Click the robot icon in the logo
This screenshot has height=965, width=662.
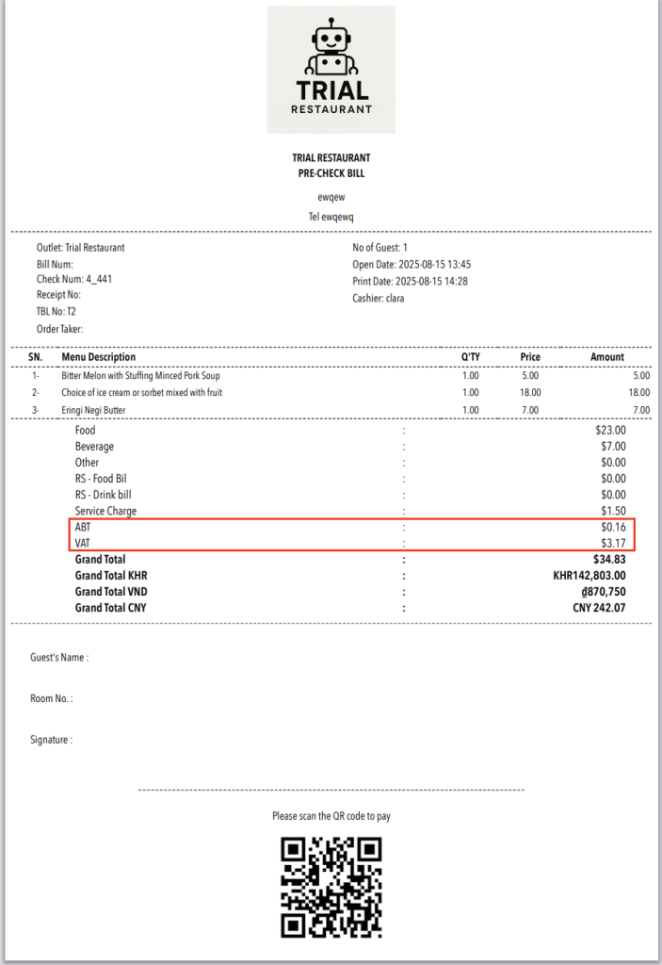tap(331, 49)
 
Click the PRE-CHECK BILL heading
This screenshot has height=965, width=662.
tap(331, 173)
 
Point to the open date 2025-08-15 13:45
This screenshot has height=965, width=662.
tap(434, 264)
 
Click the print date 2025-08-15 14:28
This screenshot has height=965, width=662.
tap(434, 281)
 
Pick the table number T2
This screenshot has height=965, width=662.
tap(72, 312)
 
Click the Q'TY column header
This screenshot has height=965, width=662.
tap(470, 357)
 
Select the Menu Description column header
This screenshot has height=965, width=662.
tap(98, 357)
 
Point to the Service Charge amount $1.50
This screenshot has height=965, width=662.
tap(612, 511)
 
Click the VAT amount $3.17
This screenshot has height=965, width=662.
tap(612, 543)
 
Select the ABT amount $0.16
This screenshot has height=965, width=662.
tap(612, 527)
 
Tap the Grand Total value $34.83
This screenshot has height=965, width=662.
tap(609, 560)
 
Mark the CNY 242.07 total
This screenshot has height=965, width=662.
tap(599, 608)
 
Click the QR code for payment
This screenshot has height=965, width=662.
tap(331, 887)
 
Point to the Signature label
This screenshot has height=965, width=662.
tap(51, 741)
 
